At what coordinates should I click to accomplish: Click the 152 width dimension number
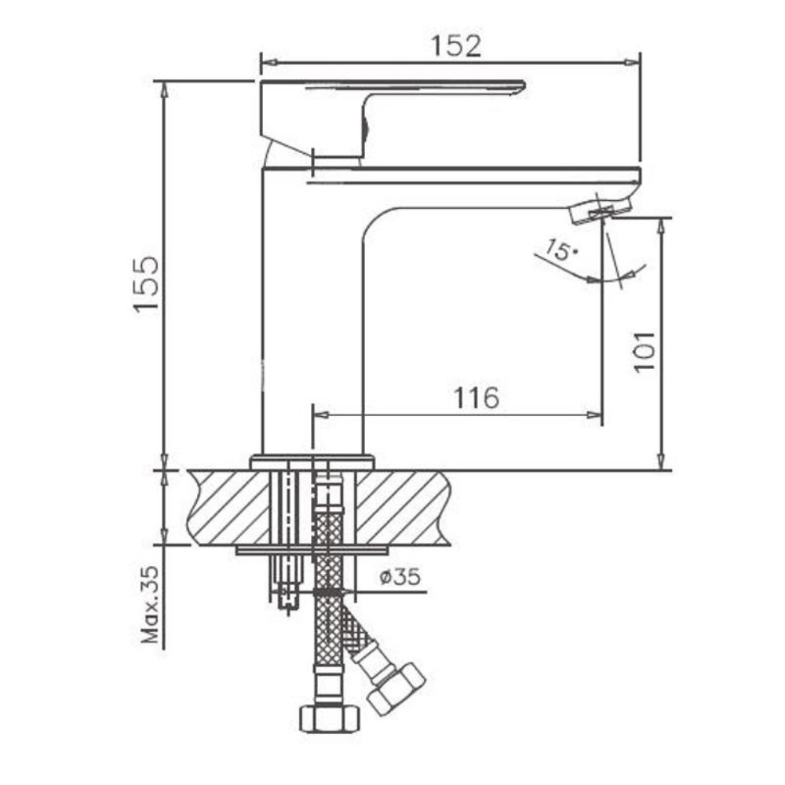click(x=456, y=46)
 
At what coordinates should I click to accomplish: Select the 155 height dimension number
click(x=146, y=285)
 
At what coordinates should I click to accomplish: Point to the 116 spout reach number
click(x=476, y=397)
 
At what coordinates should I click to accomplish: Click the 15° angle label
click(x=561, y=250)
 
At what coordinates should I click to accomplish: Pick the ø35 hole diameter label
click(x=400, y=577)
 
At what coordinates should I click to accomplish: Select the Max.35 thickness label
click(x=150, y=604)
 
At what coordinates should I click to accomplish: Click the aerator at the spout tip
click(x=600, y=210)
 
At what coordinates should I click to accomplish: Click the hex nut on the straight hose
click(x=330, y=718)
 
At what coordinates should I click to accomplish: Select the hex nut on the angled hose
click(x=396, y=690)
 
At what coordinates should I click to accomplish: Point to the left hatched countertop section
click(x=228, y=508)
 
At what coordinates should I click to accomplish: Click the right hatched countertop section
click(x=403, y=508)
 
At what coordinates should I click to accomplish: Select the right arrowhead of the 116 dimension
click(x=593, y=415)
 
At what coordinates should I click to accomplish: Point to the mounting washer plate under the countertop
click(x=312, y=551)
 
